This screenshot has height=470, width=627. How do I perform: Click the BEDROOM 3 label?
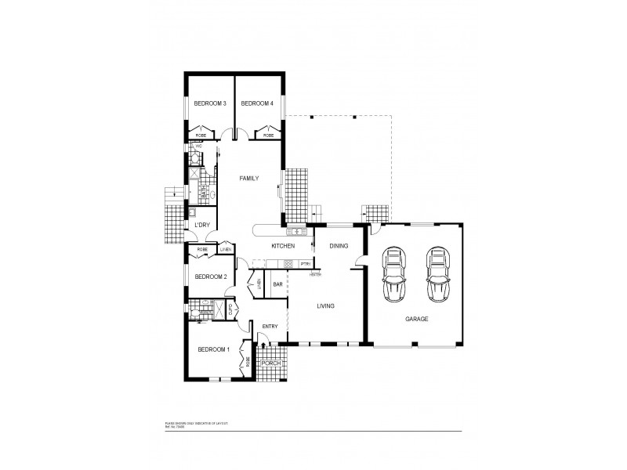(211, 103)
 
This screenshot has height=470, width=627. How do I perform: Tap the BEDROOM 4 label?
(256, 103)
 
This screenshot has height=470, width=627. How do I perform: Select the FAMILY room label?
(250, 179)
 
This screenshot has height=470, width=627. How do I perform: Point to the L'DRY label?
(201, 226)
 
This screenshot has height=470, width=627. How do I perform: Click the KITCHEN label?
(282, 246)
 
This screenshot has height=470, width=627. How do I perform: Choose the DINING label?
(339, 246)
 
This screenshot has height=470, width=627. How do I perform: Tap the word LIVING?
(327, 306)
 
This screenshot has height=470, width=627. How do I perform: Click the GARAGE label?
(416, 320)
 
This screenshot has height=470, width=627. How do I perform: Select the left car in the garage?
(393, 275)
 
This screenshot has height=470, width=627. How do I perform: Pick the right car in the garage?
(438, 275)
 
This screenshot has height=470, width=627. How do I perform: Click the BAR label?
(277, 284)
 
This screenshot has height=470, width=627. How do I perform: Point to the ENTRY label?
(270, 327)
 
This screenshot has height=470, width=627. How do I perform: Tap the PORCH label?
(271, 363)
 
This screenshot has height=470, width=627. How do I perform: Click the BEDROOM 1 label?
(213, 349)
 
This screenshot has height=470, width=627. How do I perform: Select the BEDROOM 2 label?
(211, 276)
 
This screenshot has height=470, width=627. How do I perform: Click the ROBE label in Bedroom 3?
(201, 136)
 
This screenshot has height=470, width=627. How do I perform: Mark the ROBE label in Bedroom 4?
(269, 136)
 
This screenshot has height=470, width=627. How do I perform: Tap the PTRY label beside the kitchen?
(306, 264)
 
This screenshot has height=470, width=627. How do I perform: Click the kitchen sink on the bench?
(299, 232)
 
